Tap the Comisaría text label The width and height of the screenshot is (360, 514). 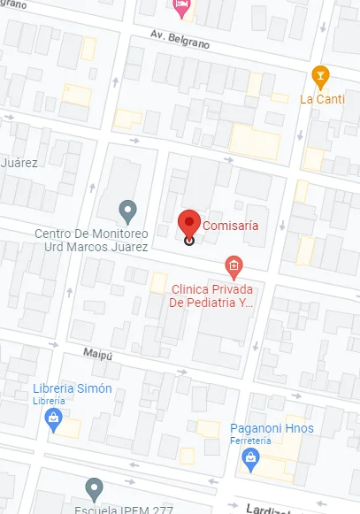[231, 226]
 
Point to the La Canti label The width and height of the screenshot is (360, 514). [322, 98]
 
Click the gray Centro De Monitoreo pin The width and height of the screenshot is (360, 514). [128, 211]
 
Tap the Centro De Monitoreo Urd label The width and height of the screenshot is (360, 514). [90, 241]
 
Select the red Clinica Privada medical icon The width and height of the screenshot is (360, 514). [234, 265]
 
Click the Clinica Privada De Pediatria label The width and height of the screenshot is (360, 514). [211, 295]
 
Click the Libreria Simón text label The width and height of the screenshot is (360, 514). [73, 388]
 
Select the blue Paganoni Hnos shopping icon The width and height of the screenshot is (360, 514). [250, 456]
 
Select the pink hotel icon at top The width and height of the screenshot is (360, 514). [182, 8]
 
